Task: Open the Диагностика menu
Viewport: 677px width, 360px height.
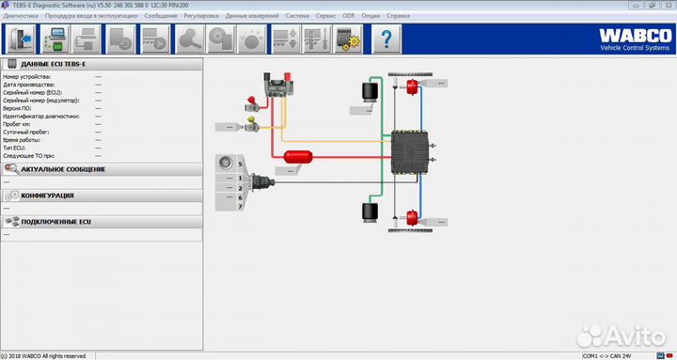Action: coord(21,16)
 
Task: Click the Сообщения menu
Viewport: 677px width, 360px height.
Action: coord(160,16)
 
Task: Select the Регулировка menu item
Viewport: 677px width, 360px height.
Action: coord(201,16)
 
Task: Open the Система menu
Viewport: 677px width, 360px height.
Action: coord(296,16)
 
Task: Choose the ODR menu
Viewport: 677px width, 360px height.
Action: coord(349,16)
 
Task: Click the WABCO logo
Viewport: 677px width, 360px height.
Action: coord(631,37)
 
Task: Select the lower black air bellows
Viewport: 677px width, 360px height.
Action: coord(369,213)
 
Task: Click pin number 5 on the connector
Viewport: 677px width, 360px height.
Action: coord(241,164)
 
